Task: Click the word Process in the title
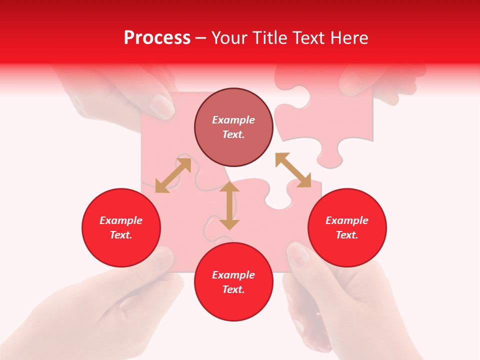point(157,38)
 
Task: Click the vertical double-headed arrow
point(229,205)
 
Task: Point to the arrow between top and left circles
point(173,175)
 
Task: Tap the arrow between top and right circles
point(293,170)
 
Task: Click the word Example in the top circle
point(233,120)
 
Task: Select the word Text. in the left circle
point(121,235)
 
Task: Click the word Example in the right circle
point(347,220)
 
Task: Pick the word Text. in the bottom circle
point(233,289)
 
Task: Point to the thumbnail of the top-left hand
point(162,105)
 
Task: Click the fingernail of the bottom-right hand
point(299,255)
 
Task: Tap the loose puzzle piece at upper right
point(325,120)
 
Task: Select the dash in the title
point(201,38)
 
